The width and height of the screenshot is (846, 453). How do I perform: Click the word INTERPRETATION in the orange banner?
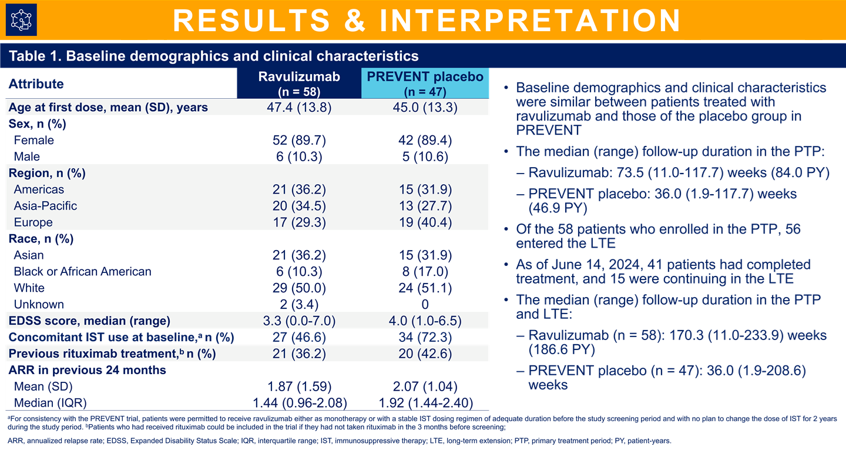[x=531, y=20]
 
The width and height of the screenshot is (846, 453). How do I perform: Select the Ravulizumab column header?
[x=299, y=84]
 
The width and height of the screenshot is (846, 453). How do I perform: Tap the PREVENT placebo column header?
[x=425, y=84]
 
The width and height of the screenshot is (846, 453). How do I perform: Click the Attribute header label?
[x=36, y=84]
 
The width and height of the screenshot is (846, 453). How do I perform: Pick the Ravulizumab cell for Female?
[x=299, y=140]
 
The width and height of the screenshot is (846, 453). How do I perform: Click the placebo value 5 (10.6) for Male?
[x=425, y=156]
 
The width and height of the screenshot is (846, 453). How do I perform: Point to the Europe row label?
[x=33, y=222]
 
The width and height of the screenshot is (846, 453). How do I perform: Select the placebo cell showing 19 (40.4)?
[x=425, y=222]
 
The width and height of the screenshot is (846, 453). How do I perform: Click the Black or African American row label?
[x=83, y=272]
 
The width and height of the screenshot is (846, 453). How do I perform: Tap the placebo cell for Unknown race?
[x=425, y=304]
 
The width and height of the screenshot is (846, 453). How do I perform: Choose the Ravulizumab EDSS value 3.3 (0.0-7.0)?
[x=299, y=321]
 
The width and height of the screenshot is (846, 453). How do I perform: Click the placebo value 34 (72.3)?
[x=425, y=337]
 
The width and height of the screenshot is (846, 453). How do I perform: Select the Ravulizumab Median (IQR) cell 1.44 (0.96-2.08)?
[x=299, y=403]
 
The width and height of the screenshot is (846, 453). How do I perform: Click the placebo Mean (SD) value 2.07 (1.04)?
[x=425, y=387]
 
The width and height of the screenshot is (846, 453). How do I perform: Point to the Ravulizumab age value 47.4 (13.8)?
[x=299, y=108]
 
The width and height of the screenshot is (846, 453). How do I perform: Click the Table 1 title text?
[x=214, y=56]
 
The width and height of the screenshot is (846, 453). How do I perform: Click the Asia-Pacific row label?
[x=46, y=206]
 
